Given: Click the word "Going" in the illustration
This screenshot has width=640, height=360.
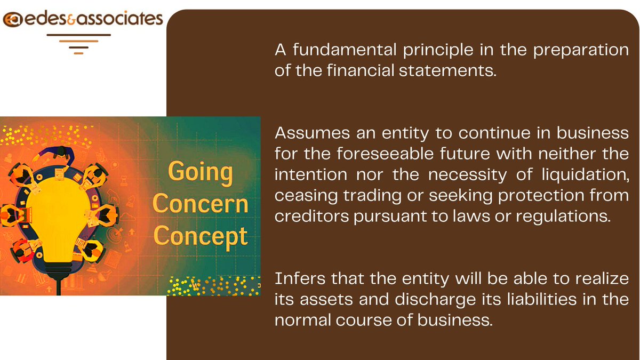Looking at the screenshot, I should [x=201, y=172].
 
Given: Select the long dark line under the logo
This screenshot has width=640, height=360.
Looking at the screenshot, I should [x=78, y=35].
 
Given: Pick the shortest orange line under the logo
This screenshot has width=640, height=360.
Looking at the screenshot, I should [x=78, y=53].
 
